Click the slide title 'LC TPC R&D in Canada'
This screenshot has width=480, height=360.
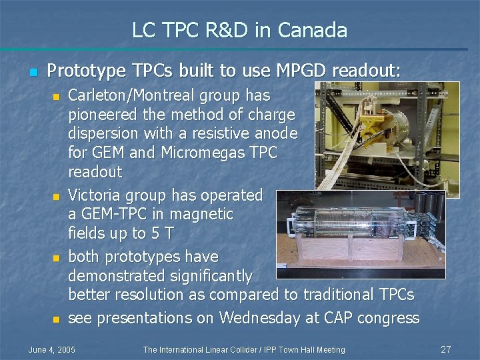click(239, 30)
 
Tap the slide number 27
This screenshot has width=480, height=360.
click(446, 349)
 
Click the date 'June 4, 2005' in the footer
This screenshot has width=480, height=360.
click(51, 350)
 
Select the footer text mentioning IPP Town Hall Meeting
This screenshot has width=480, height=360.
click(244, 350)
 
